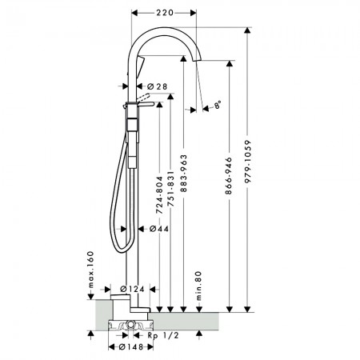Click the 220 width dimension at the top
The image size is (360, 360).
165,13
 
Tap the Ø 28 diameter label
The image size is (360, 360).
158,86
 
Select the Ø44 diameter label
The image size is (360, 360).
159,229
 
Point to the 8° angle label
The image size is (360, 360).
218,105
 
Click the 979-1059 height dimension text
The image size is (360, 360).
248,162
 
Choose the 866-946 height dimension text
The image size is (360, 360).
229,176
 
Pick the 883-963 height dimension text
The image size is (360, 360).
183,174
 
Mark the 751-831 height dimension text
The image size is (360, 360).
170,189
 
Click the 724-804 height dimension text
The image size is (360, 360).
159,195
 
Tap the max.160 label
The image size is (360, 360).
91,270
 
